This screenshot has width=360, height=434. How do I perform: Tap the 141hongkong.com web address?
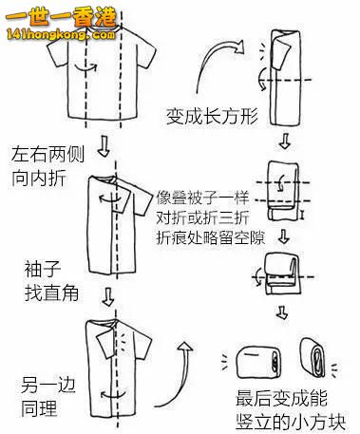tap(61, 34)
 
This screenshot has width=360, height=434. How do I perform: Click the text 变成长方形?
tap(212, 116)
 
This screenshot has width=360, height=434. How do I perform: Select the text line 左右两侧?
tap(48, 155)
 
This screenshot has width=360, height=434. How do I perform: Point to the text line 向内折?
tap(39, 178)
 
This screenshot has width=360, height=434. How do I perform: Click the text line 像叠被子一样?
tap(202, 198)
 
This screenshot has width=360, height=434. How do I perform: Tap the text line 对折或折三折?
tap(202, 217)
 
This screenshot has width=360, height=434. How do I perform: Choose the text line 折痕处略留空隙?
tap(211, 237)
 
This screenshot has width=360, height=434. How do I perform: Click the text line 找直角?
tap(51, 292)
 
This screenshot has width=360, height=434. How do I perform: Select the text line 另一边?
tap(48, 385)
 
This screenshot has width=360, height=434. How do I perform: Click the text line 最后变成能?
tap(281, 399)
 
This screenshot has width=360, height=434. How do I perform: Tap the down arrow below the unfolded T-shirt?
tap(104, 146)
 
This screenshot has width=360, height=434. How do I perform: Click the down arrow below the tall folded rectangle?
tap(285, 142)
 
